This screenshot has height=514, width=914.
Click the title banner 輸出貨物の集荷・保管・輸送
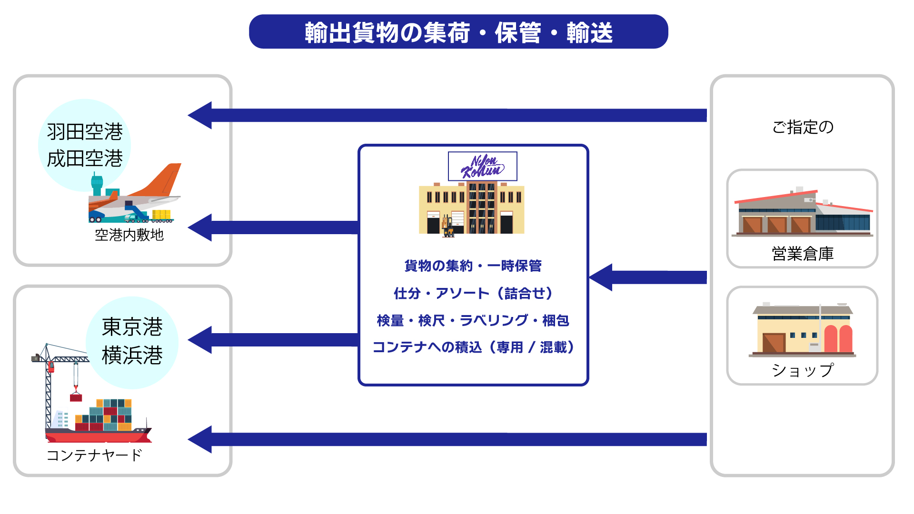click(458, 32)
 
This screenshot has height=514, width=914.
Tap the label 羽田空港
click(85, 132)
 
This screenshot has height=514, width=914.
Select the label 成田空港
click(85, 158)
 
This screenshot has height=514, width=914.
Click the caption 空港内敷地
click(129, 235)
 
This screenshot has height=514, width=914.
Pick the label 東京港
click(132, 327)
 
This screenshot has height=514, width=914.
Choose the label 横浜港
click(132, 355)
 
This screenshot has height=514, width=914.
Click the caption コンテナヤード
click(94, 455)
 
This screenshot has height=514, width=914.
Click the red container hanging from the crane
click(76, 397)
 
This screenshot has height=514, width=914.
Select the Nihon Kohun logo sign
click(483, 166)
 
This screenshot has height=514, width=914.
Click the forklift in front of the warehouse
click(448, 227)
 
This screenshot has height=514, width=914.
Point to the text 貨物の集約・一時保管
click(473, 266)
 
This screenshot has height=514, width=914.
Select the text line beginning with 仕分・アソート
click(473, 293)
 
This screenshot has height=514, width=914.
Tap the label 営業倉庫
click(803, 254)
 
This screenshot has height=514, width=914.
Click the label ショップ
click(803, 370)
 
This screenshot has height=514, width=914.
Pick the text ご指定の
click(803, 127)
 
